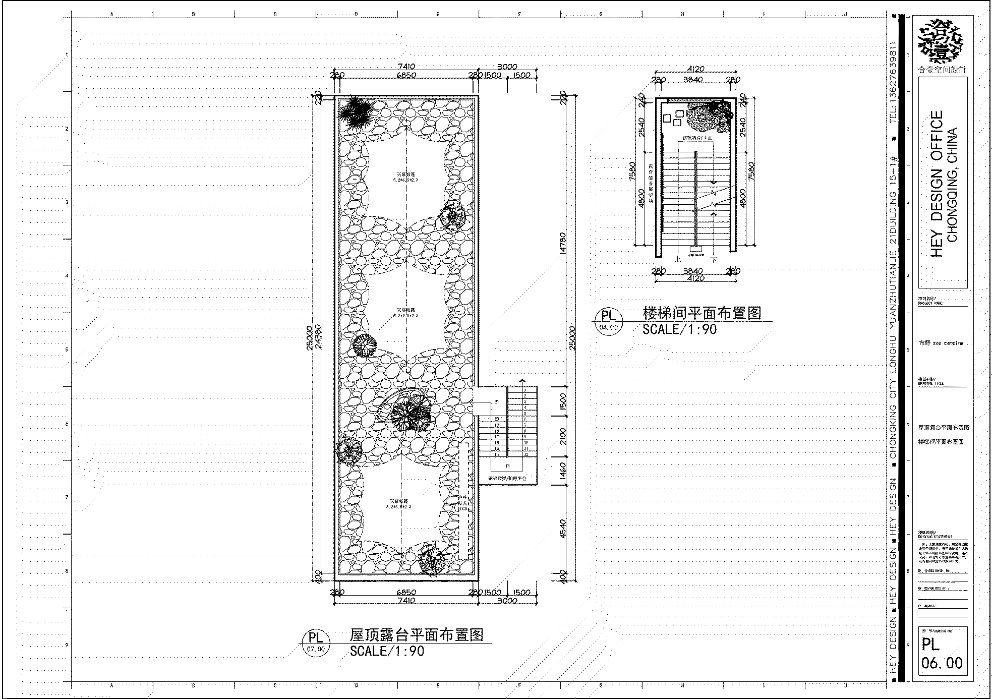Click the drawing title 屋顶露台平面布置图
(417, 634)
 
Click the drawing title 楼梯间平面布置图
(702, 313)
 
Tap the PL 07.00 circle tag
(316, 643)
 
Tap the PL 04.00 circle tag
(609, 320)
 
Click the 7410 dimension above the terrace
(406, 67)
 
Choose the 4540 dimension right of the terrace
(563, 529)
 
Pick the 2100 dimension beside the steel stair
(563, 436)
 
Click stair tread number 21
(497, 402)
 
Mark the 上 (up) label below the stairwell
(678, 259)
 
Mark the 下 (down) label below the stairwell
(714, 260)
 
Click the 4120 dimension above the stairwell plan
(695, 69)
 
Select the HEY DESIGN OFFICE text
(937, 184)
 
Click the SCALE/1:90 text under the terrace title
(387, 651)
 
